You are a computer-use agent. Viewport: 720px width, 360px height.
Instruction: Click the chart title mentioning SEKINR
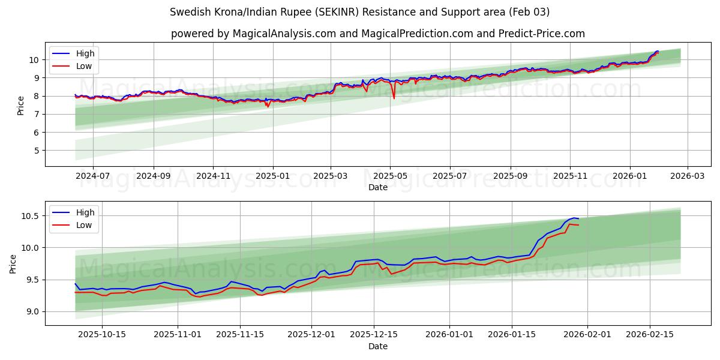pyautogui.click(x=359, y=12)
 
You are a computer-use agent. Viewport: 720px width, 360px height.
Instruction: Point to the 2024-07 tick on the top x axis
pyautogui.click(x=93, y=176)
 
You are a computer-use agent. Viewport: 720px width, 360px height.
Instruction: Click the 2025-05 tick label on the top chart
pyautogui.click(x=390, y=176)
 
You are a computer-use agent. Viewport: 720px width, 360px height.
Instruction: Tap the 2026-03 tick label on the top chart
pyautogui.click(x=687, y=176)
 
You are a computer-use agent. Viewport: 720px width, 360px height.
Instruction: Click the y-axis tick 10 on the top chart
pyautogui.click(x=35, y=59)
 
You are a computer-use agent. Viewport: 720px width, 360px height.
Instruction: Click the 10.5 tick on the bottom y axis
pyautogui.click(x=31, y=216)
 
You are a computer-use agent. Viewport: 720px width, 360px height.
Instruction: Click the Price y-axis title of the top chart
pyautogui.click(x=21, y=105)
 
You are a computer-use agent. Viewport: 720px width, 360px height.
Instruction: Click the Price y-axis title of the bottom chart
pyautogui.click(x=13, y=263)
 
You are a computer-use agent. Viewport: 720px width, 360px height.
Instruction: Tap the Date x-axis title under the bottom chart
pyautogui.click(x=378, y=346)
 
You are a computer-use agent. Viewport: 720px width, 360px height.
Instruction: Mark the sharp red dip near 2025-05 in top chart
pyautogui.click(x=394, y=98)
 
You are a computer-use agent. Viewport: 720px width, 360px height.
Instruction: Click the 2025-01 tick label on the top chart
pyautogui.click(x=273, y=176)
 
